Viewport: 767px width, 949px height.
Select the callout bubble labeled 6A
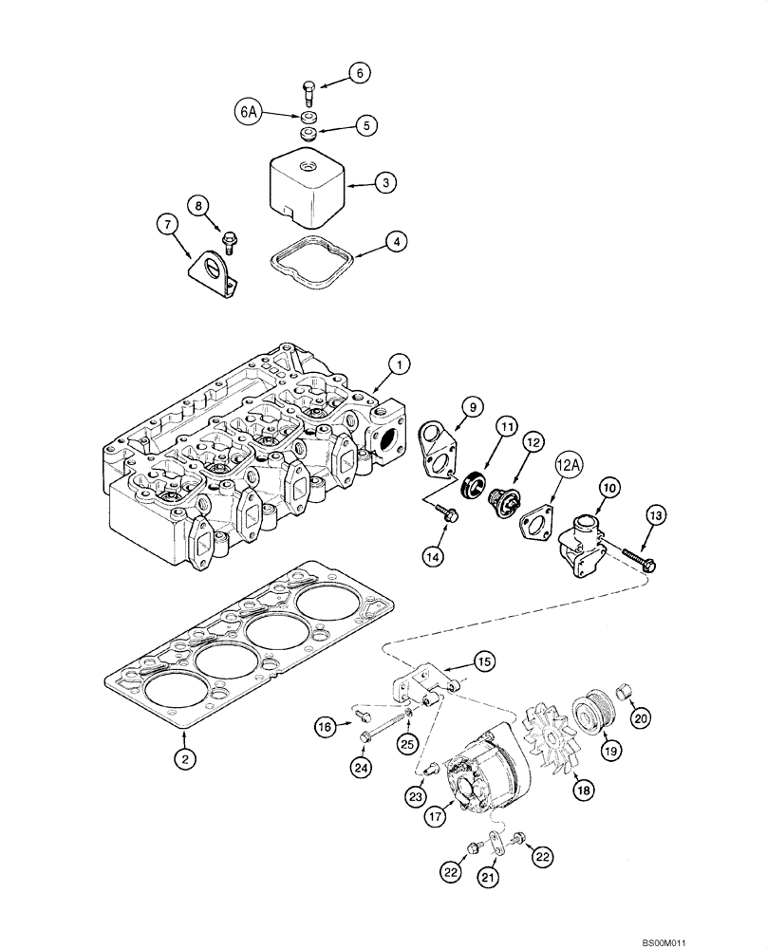tap(249, 112)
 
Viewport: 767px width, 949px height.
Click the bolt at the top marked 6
tap(307, 93)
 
